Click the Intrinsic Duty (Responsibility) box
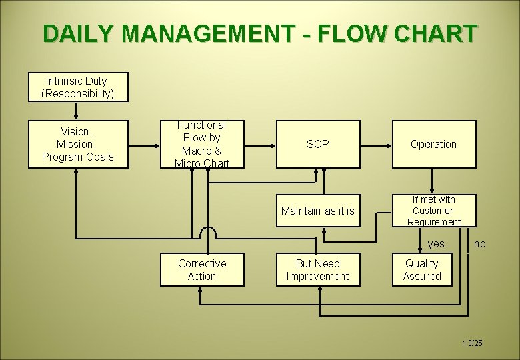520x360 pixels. [x=78, y=87]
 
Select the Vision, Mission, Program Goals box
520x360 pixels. [x=78, y=144]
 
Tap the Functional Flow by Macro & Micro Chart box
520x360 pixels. [x=202, y=144]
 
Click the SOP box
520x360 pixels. [x=318, y=144]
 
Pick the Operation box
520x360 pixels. [x=434, y=144]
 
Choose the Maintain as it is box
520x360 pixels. [x=318, y=211]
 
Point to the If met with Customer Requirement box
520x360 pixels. [x=434, y=211]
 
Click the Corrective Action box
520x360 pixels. [x=202, y=269]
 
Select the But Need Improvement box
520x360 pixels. [x=318, y=269]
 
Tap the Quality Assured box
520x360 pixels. [x=422, y=269]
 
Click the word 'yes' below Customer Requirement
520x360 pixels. [x=436, y=244]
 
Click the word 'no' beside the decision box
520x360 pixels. [x=479, y=244]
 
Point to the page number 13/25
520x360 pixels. [x=472, y=343]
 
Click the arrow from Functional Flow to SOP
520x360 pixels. [x=260, y=144]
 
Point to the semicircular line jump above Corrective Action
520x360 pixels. [x=208, y=232]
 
